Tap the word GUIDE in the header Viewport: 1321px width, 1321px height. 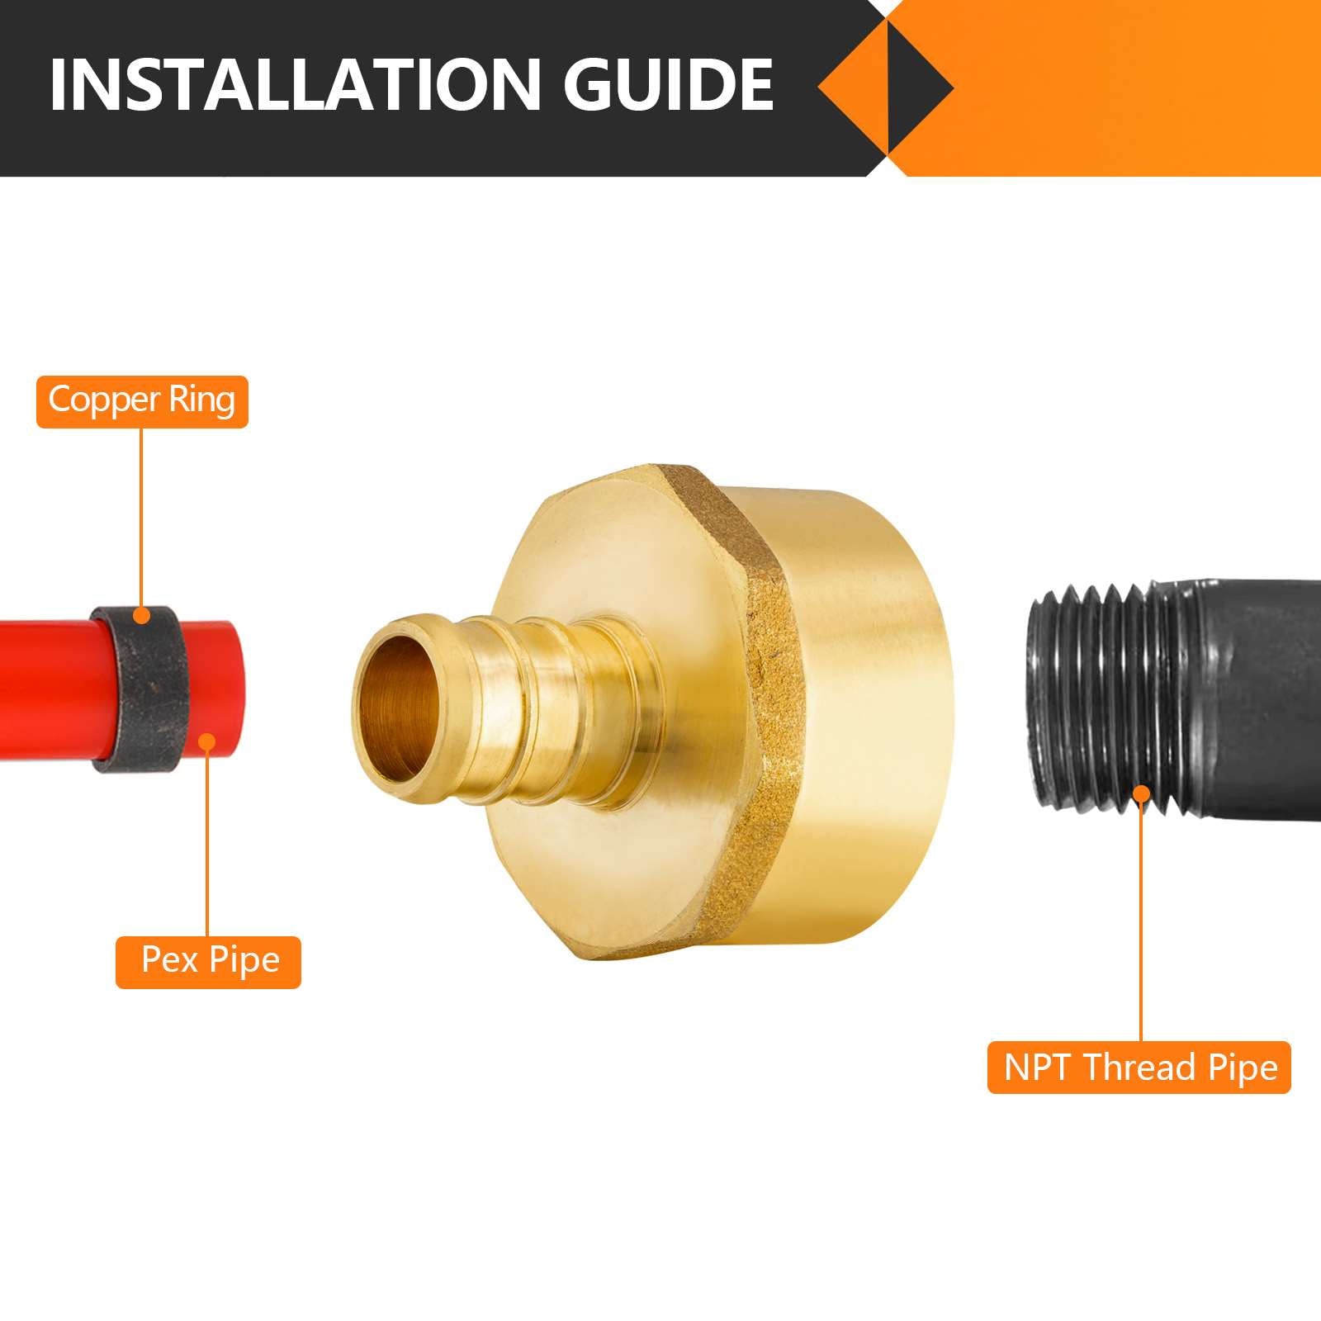click(x=669, y=84)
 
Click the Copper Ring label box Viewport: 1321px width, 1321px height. click(x=142, y=401)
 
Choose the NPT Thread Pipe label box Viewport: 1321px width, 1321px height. click(x=1139, y=1068)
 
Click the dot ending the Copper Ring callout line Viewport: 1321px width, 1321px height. click(x=142, y=615)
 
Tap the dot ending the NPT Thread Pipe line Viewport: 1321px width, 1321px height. click(x=1141, y=794)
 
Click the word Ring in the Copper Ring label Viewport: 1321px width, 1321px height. click(x=202, y=401)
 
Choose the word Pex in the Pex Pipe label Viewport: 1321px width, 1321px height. click(x=169, y=960)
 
